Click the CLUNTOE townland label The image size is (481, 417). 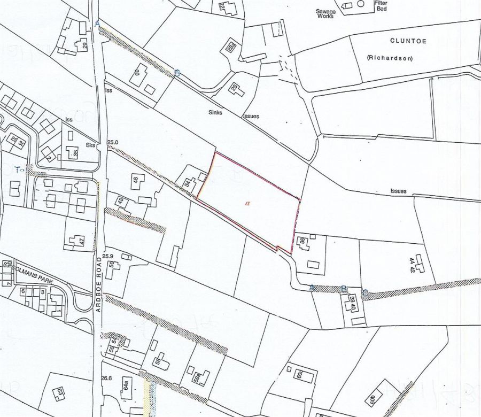point(408,41)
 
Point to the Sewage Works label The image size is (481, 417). point(325,13)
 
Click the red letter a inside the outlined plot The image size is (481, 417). point(247,203)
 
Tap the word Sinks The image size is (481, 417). point(215,113)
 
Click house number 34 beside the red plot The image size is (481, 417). point(188,183)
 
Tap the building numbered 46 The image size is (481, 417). point(136,180)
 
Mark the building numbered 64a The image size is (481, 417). point(127,388)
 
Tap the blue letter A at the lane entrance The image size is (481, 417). point(97,24)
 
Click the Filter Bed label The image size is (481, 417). point(381,6)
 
